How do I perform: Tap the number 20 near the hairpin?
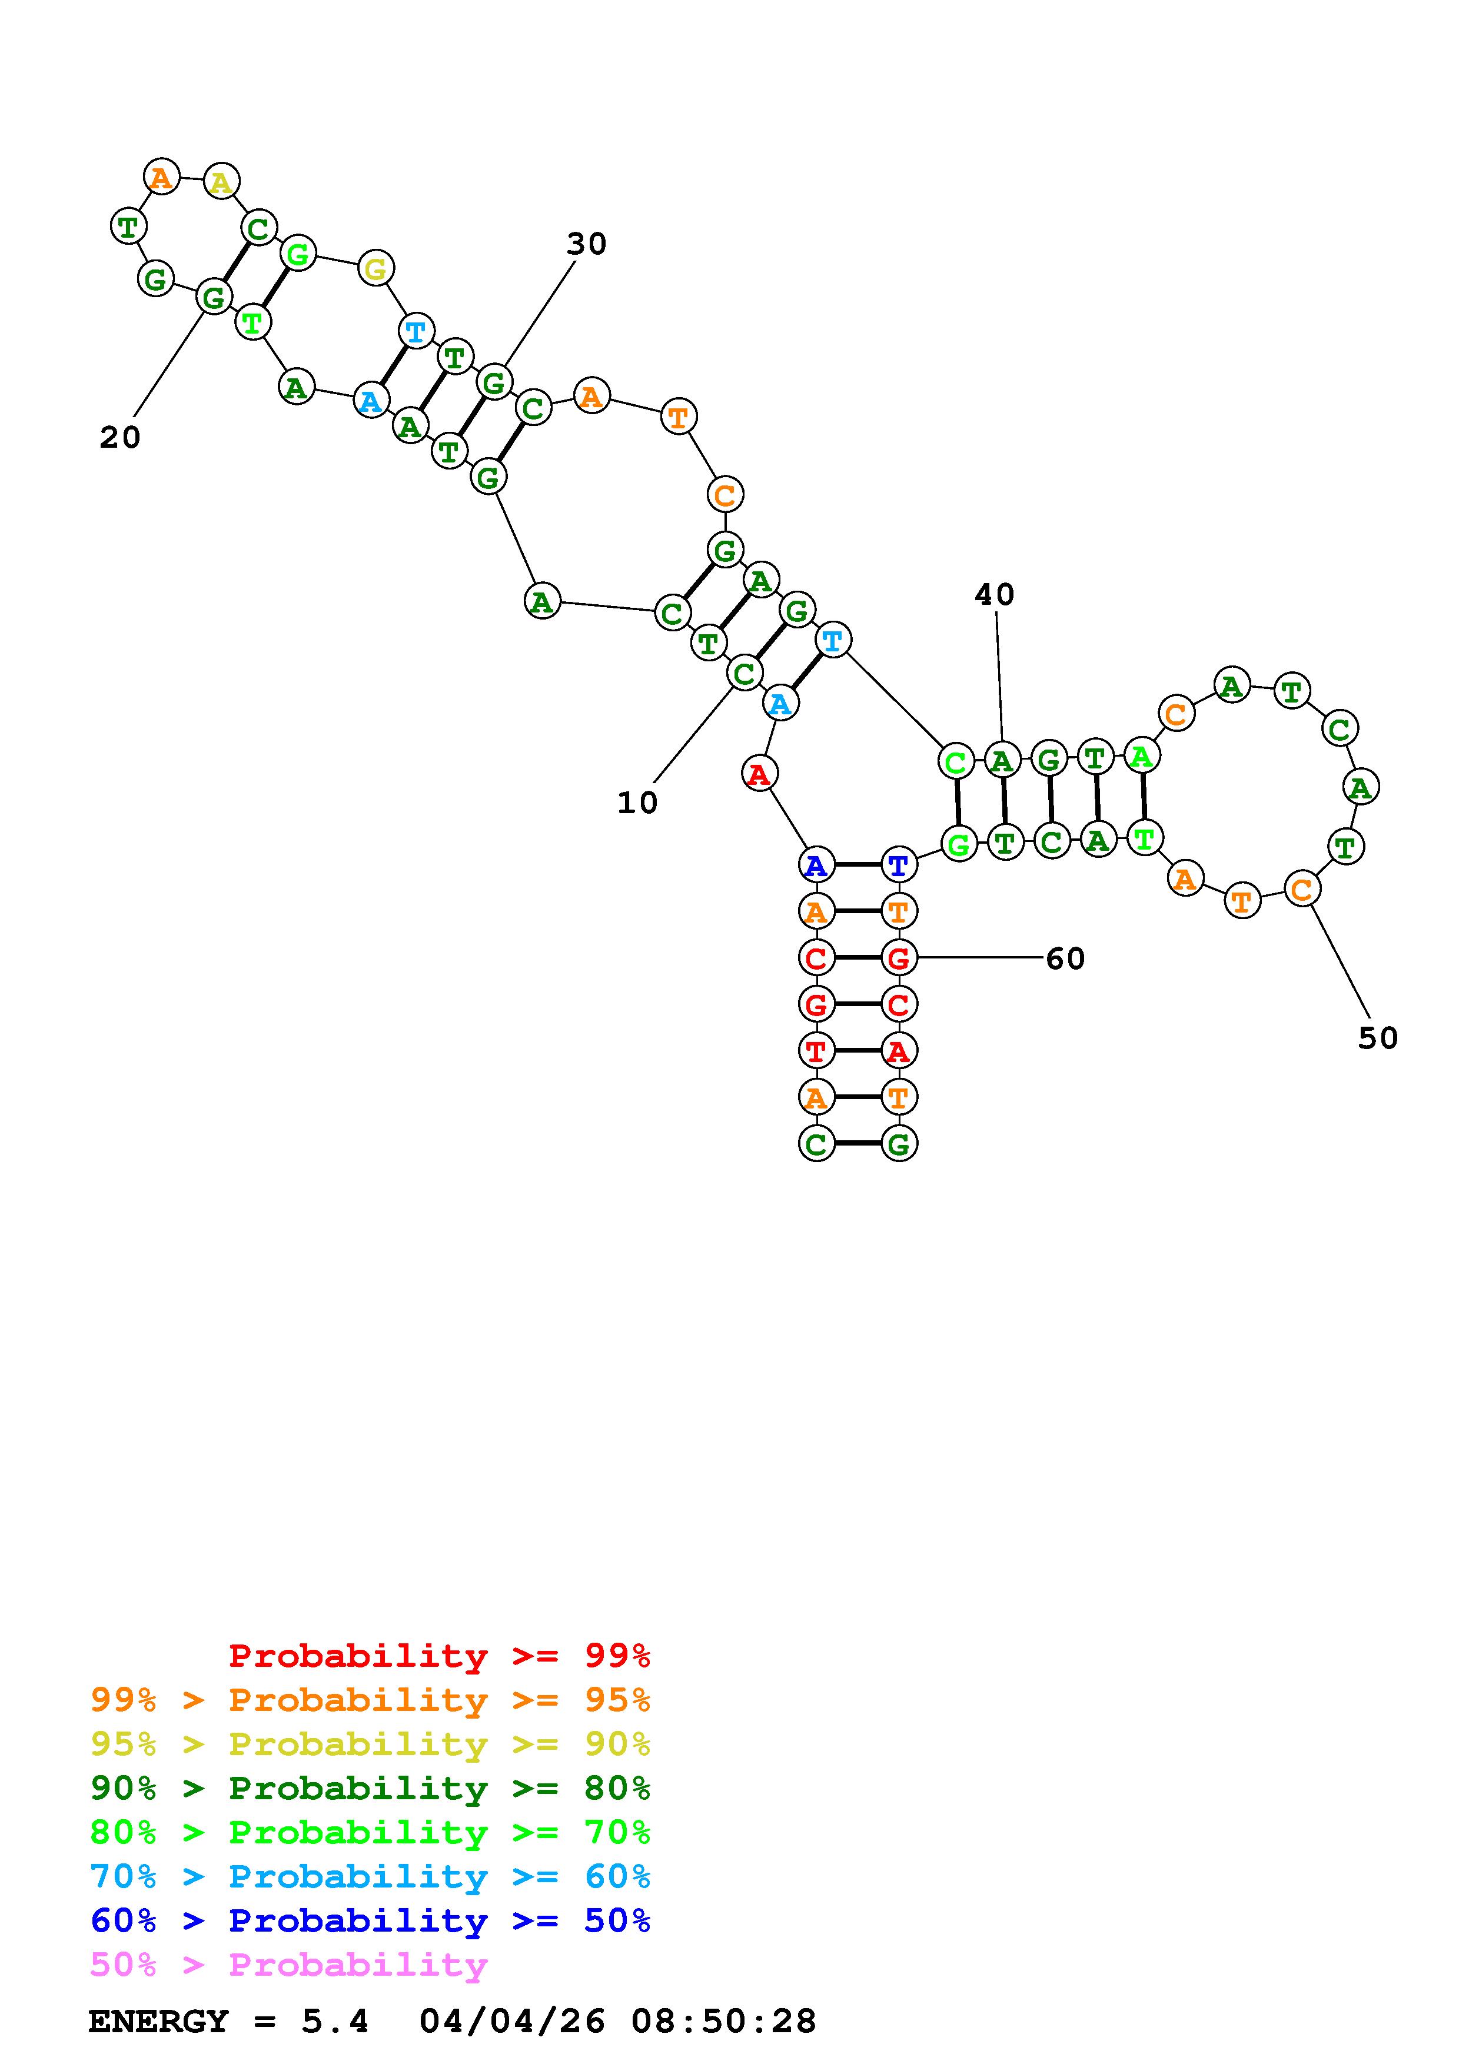click(x=119, y=438)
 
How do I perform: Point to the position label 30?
click(x=586, y=244)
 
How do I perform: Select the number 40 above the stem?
click(x=994, y=594)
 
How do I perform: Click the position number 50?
click(x=1377, y=1038)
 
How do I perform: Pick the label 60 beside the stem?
click(x=1065, y=959)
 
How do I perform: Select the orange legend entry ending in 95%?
click(x=370, y=1700)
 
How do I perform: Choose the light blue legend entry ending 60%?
click(x=370, y=1877)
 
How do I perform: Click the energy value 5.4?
click(x=334, y=2022)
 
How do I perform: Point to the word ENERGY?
click(x=158, y=2022)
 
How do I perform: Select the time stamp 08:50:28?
click(x=724, y=2022)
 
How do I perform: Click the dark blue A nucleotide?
click(x=815, y=865)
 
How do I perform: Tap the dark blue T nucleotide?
click(x=898, y=865)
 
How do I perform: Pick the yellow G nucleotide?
click(x=375, y=268)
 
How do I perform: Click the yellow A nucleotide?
click(x=221, y=182)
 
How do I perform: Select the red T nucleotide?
click(x=815, y=1050)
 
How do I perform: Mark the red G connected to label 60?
click(x=898, y=958)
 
